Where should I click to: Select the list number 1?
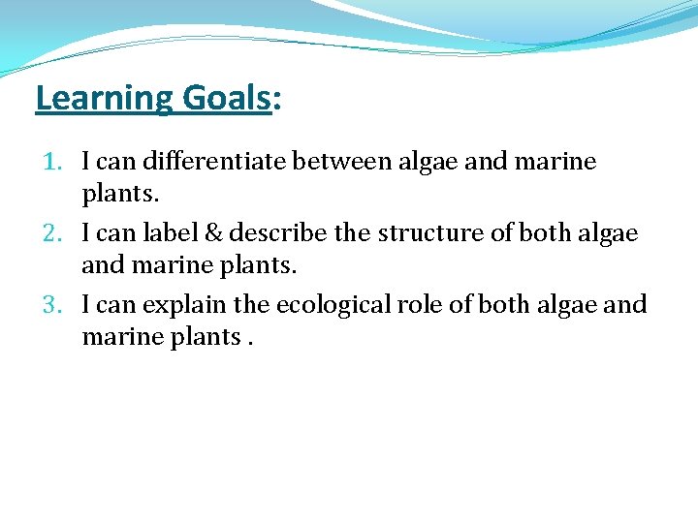point(53,162)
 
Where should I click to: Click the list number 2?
point(53,233)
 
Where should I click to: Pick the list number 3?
point(53,305)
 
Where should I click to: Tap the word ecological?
point(335,305)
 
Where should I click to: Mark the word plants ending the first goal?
point(118,194)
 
